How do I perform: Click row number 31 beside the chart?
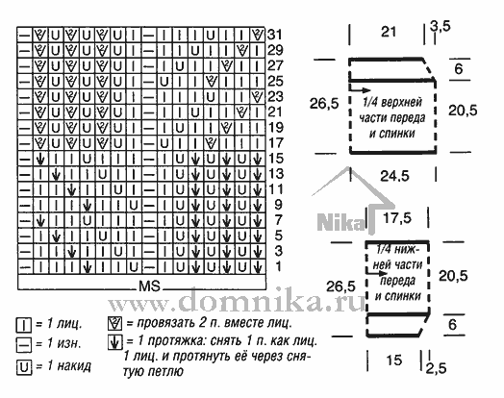click(x=275, y=35)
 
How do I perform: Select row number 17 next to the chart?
click(x=275, y=142)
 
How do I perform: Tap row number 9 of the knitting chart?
click(x=278, y=205)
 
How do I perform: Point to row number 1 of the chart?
click(x=278, y=266)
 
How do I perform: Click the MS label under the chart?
click(x=149, y=286)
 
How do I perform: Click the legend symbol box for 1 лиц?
click(x=24, y=325)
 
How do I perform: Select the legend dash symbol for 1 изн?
click(x=24, y=346)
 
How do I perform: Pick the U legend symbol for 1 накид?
click(x=24, y=367)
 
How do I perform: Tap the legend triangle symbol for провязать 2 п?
click(x=115, y=323)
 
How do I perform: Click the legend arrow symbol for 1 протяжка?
click(x=115, y=342)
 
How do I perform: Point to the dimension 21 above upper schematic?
click(x=389, y=32)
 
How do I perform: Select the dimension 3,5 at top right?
click(x=441, y=26)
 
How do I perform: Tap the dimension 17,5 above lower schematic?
click(x=397, y=218)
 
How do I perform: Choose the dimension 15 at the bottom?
click(x=393, y=361)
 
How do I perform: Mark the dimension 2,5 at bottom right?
click(x=436, y=368)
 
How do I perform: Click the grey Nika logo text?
click(x=341, y=222)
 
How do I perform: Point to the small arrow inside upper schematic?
click(x=360, y=90)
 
